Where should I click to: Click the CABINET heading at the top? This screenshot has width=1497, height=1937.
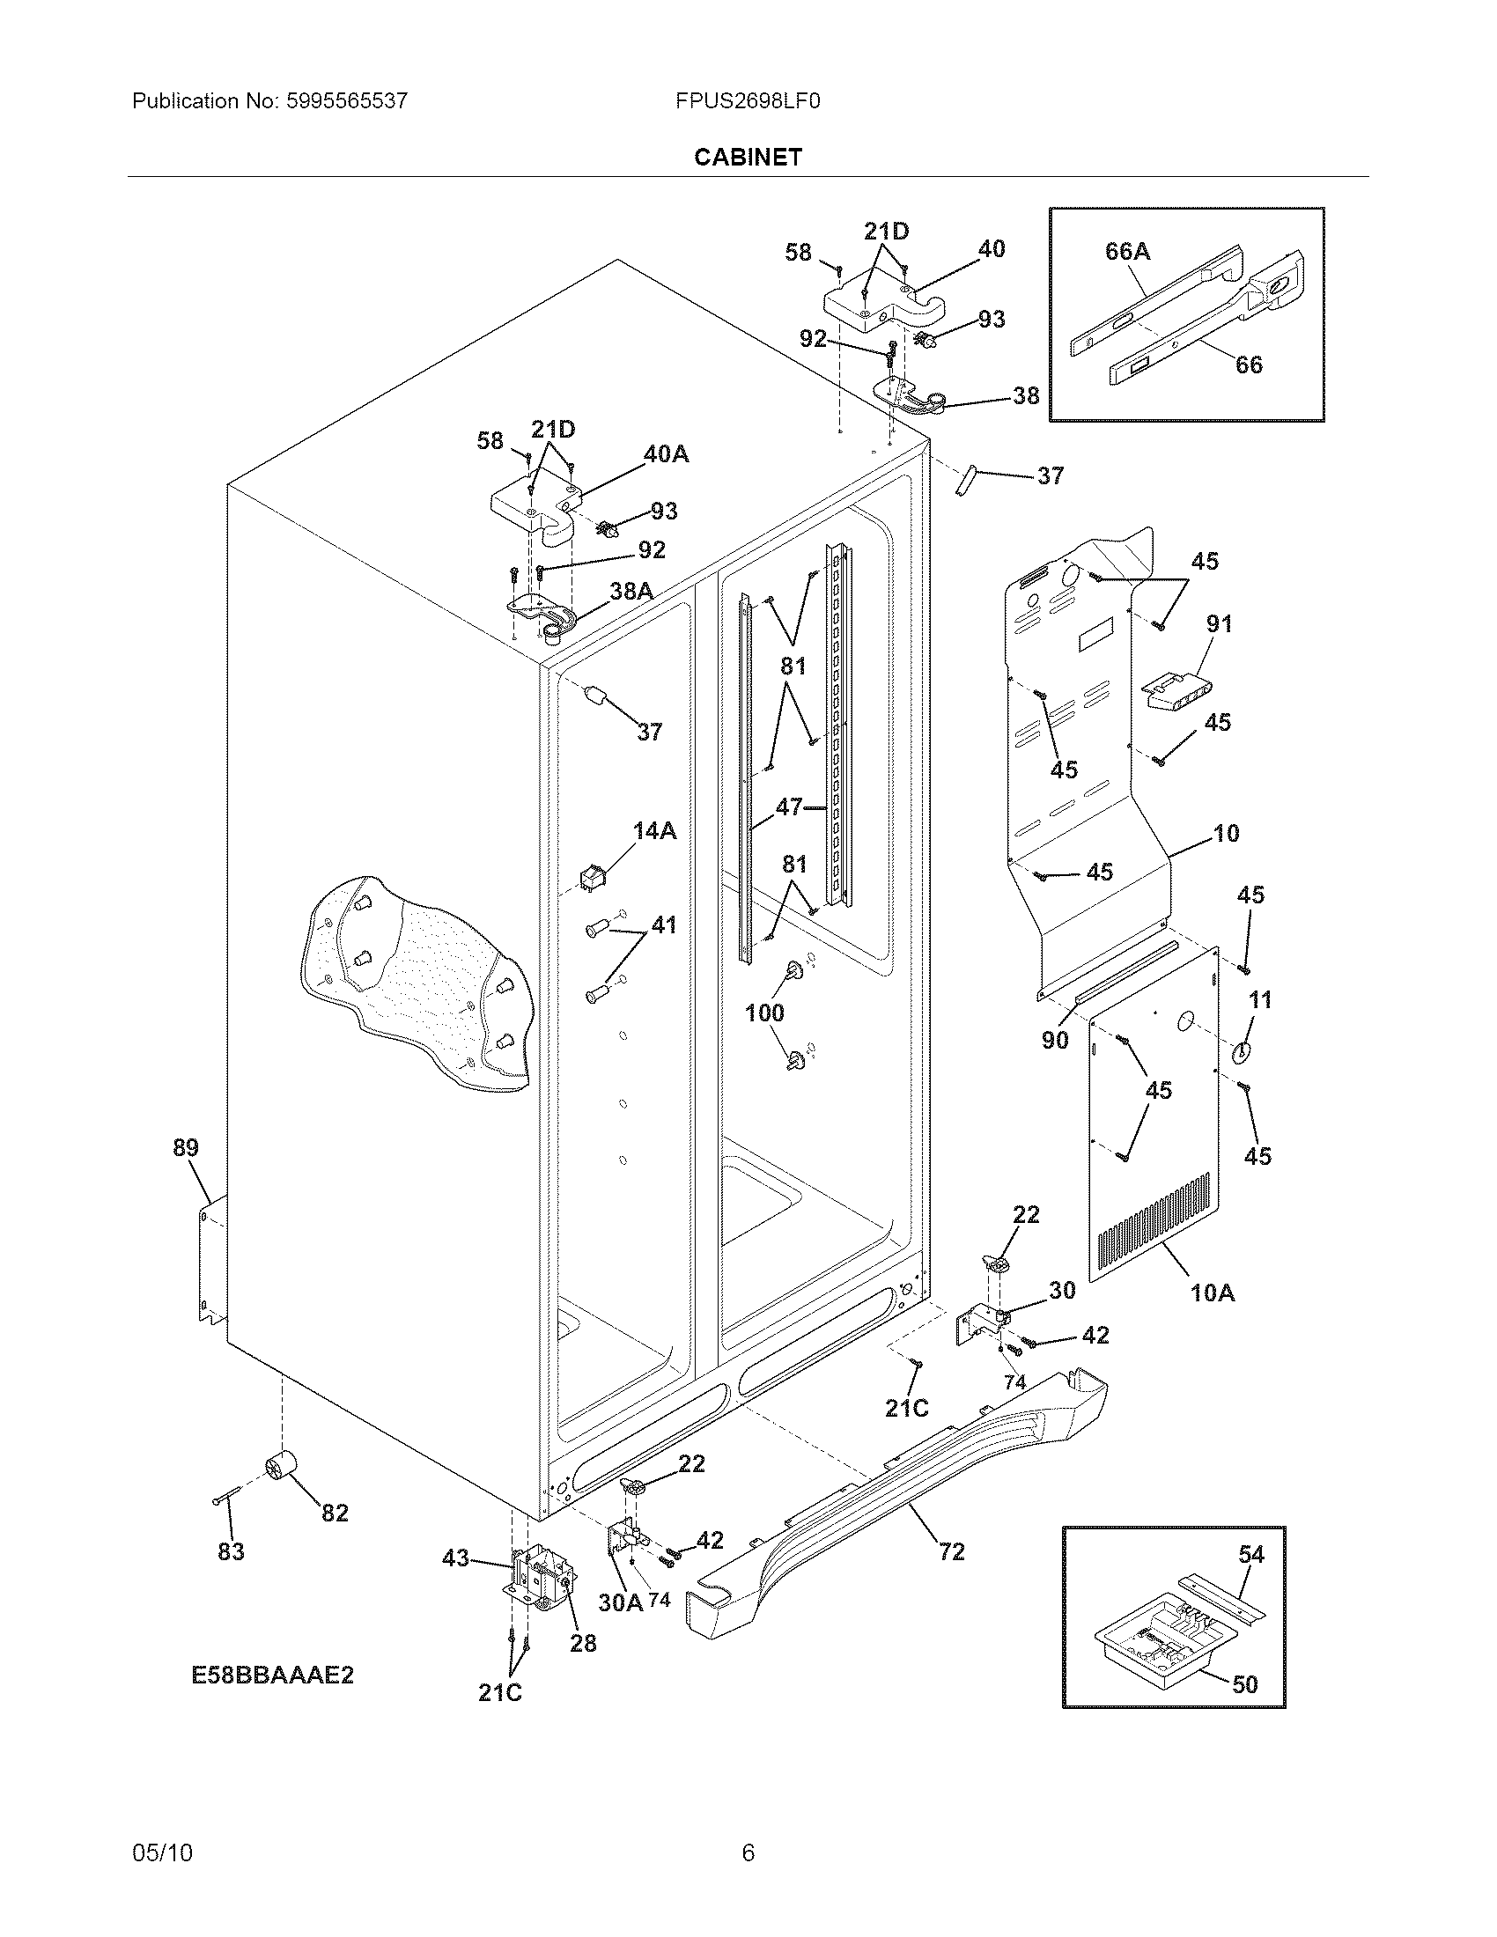(x=748, y=157)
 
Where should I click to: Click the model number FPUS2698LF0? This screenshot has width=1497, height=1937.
(x=747, y=101)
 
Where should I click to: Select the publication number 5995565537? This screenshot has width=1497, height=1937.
(x=347, y=101)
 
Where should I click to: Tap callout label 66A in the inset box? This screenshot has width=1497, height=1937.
(x=1127, y=252)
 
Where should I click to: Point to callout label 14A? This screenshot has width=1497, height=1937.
(x=654, y=831)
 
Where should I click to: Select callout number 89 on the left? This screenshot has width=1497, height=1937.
(x=185, y=1147)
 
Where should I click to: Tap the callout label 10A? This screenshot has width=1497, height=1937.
(x=1213, y=1293)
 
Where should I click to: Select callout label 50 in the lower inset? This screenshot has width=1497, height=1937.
(x=1245, y=1684)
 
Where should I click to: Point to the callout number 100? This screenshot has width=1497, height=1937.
(x=764, y=1013)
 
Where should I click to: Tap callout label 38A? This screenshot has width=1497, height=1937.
(x=631, y=591)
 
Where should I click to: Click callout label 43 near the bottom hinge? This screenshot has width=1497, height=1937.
(x=455, y=1558)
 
